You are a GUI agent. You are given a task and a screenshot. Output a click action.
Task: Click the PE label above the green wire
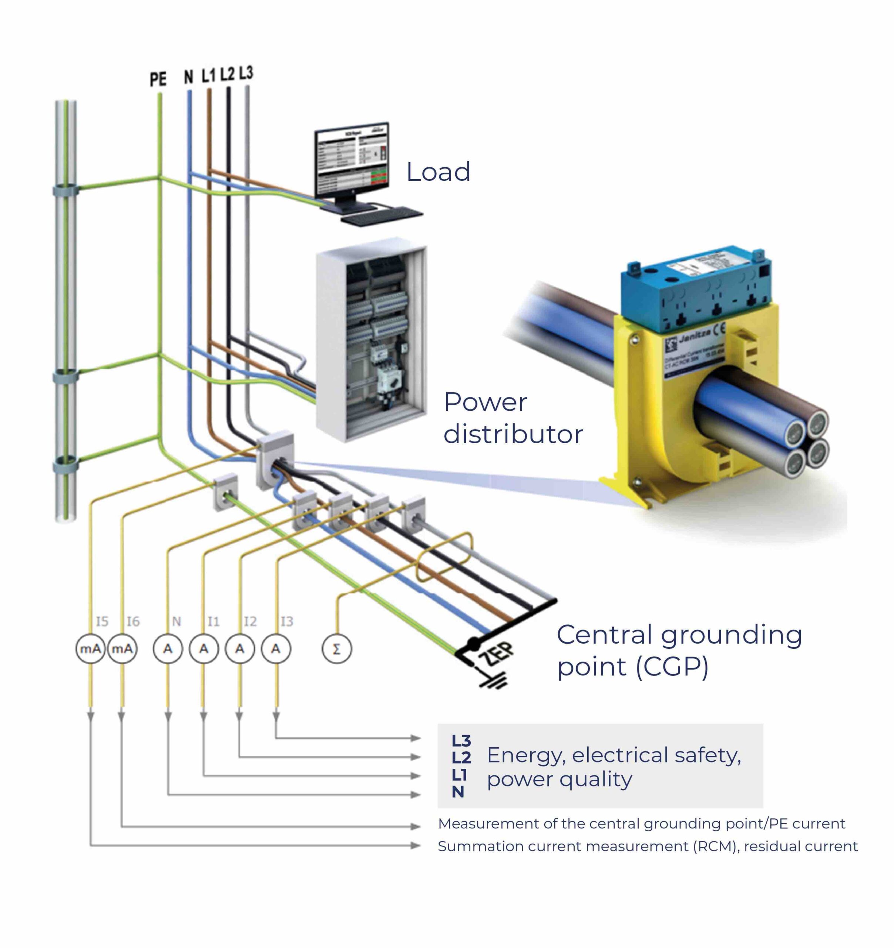click(158, 79)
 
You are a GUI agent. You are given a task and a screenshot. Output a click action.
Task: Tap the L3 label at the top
click(246, 73)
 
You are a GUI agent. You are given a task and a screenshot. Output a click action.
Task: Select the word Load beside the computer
click(438, 172)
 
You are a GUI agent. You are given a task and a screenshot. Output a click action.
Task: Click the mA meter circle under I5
click(90, 648)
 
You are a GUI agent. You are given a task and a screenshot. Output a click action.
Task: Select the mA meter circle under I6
click(122, 648)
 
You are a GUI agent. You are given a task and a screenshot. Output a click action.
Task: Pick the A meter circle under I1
click(204, 648)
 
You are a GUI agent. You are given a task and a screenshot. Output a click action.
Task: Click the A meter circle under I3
click(275, 648)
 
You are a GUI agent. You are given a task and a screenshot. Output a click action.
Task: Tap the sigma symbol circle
click(337, 648)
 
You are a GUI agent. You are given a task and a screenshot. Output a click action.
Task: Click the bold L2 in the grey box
click(461, 757)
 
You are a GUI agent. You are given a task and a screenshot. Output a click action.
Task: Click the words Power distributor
click(512, 418)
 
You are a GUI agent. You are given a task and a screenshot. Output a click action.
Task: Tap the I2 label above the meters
click(250, 621)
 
